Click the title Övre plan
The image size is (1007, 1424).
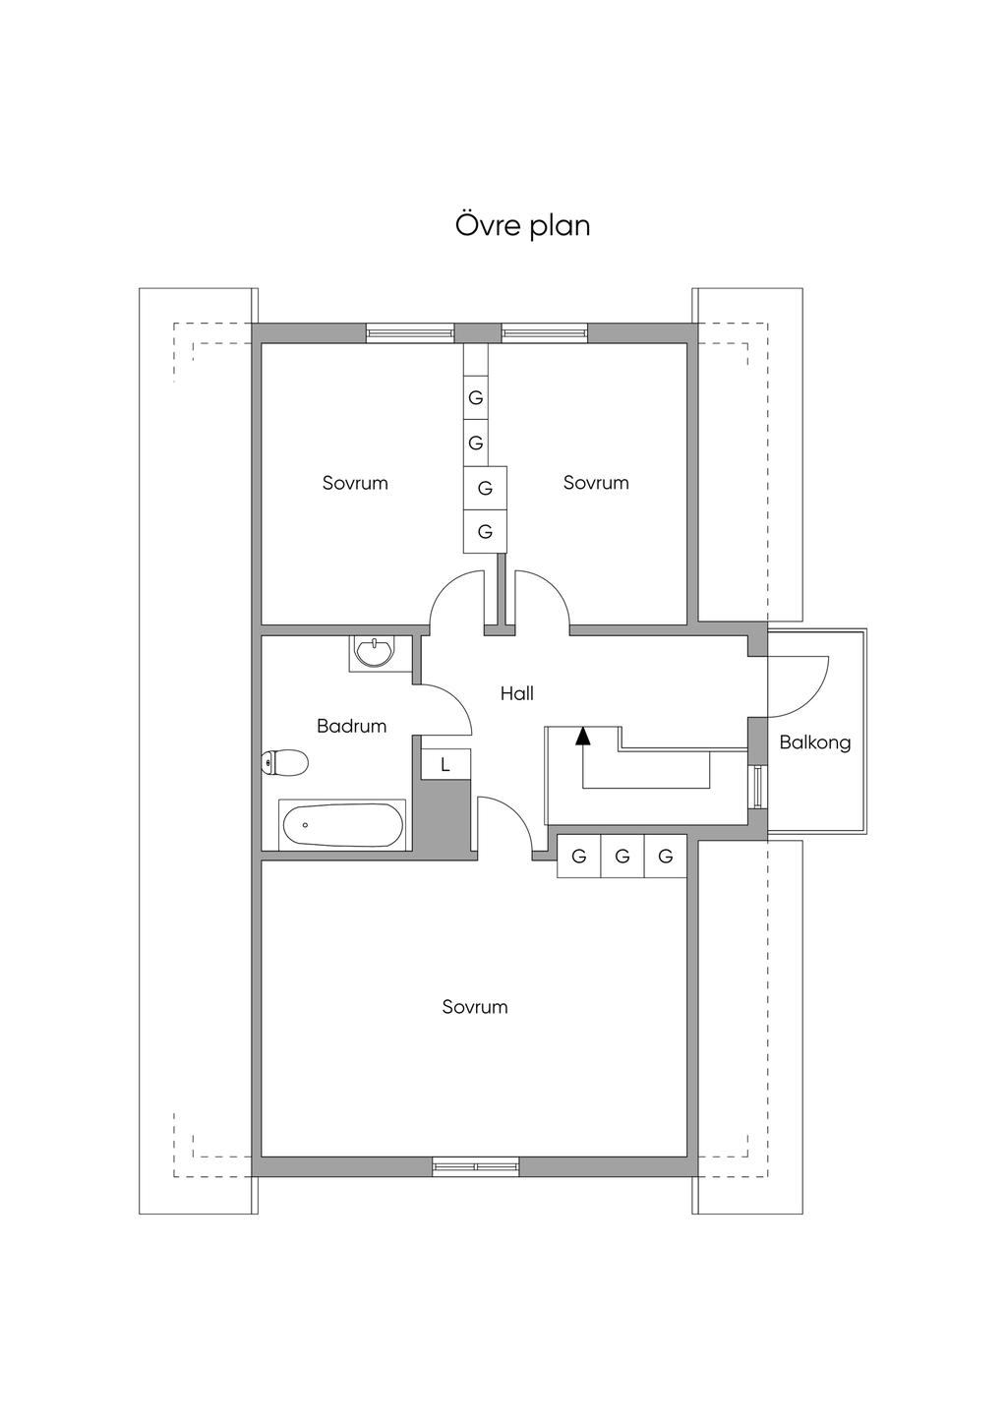point(522,225)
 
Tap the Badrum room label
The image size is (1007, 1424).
point(351,726)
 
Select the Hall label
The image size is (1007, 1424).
point(516,693)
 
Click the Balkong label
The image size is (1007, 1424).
point(814,742)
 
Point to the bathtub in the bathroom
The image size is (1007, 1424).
point(342,825)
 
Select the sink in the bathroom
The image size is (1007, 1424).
point(374,653)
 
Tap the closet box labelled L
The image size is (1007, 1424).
point(445,764)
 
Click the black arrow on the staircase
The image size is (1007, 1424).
point(583,734)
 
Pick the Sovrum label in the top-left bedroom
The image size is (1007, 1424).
point(355,483)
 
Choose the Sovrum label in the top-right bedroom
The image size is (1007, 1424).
point(596,483)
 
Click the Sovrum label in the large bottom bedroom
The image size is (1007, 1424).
point(475,1007)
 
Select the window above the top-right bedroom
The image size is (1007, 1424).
point(545,333)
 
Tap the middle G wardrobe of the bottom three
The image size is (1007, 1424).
point(622,857)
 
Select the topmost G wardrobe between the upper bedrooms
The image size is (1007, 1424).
point(476,398)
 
